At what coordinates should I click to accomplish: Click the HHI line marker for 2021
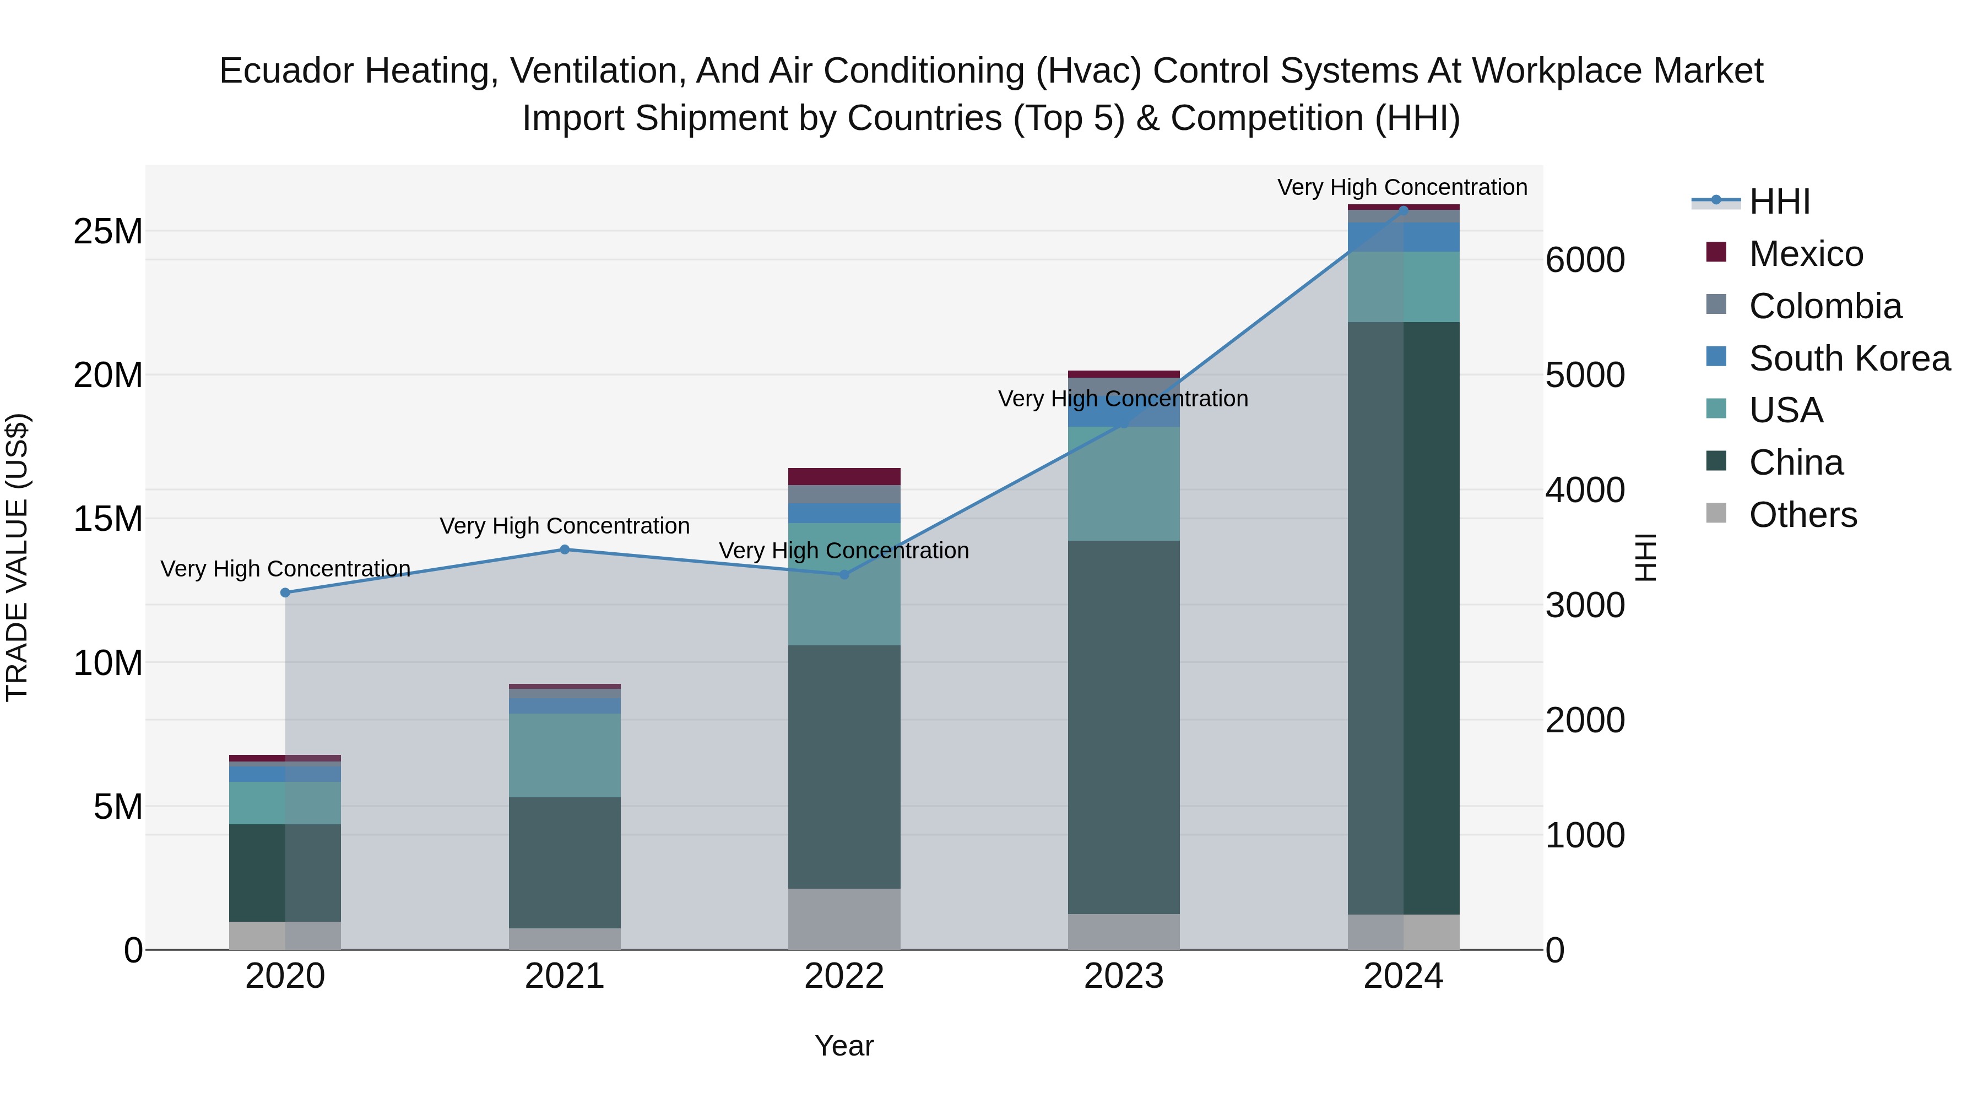pos(564,550)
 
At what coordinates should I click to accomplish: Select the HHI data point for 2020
pos(285,592)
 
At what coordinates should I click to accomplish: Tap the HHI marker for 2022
pos(844,574)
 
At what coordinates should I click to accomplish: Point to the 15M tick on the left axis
pos(108,519)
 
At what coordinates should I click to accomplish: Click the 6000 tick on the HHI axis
pos(1585,260)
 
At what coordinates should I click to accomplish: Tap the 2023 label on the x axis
pos(1123,976)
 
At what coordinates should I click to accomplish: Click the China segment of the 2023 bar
pos(1123,727)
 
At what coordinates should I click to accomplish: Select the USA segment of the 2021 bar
pos(564,755)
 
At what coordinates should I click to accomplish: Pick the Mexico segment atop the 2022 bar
pos(844,476)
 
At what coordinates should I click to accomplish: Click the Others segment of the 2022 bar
pos(844,919)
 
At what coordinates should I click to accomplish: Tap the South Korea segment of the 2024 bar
pos(1404,237)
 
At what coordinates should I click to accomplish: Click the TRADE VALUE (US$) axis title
pos(17,557)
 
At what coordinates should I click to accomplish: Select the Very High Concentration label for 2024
pos(1402,187)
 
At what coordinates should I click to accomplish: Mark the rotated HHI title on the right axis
pos(1644,557)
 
